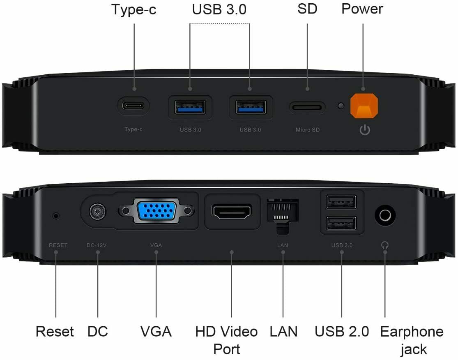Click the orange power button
point(364,106)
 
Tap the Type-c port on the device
point(133,105)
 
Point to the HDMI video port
point(232,212)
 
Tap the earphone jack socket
point(385,215)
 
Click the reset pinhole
point(56,215)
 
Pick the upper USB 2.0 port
point(341,202)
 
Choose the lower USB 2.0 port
point(341,223)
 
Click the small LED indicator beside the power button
point(341,106)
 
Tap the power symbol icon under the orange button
point(365,130)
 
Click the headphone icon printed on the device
point(385,245)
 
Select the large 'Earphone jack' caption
point(412,340)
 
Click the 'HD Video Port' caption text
point(226,340)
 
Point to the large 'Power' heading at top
point(362,9)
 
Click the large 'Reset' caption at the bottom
point(55,332)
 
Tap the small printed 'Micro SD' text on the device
point(308,130)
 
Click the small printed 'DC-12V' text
point(97,245)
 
